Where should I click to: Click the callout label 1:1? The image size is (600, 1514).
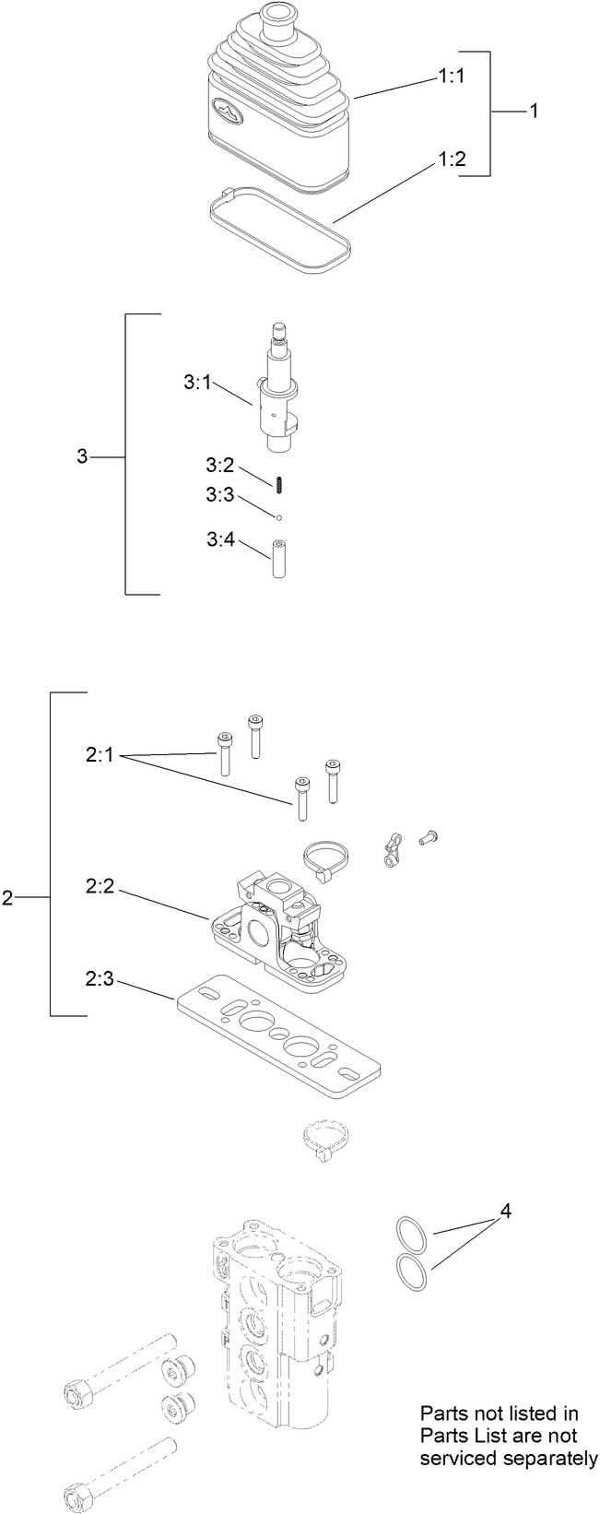451,78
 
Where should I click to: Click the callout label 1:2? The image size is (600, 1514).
451,159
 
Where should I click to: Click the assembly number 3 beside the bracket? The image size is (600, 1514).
82,455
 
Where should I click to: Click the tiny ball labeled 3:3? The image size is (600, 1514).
277,515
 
